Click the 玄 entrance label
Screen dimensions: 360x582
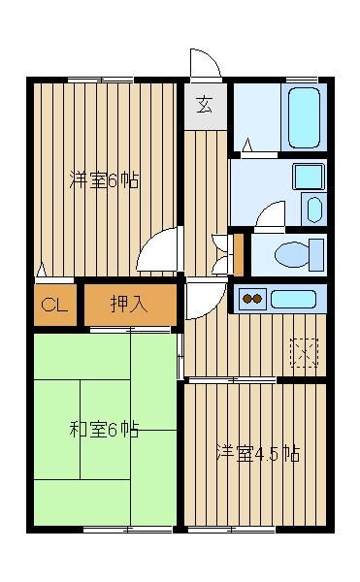pyautogui.click(x=205, y=105)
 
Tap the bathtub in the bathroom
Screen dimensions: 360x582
pyautogui.click(x=304, y=117)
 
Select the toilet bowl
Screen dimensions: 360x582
pyautogui.click(x=292, y=254)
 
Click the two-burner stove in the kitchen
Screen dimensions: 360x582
pyautogui.click(x=252, y=299)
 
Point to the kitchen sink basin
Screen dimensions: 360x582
pyautogui.click(x=294, y=299)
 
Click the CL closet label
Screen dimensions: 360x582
pyautogui.click(x=54, y=306)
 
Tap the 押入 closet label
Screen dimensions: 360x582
pyautogui.click(x=129, y=305)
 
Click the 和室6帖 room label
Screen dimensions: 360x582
pyautogui.click(x=104, y=430)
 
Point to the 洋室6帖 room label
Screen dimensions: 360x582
pyautogui.click(x=104, y=180)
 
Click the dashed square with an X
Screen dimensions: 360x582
pyautogui.click(x=305, y=353)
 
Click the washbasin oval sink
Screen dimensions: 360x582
pyautogui.click(x=314, y=210)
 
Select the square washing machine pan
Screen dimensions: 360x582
pyautogui.click(x=309, y=177)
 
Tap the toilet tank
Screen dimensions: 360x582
pyautogui.click(x=316, y=254)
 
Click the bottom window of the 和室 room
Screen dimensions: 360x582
pyautogui.click(x=127, y=530)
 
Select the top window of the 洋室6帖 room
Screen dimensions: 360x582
pyautogui.click(x=101, y=80)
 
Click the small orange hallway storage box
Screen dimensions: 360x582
pyautogui.click(x=239, y=255)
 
